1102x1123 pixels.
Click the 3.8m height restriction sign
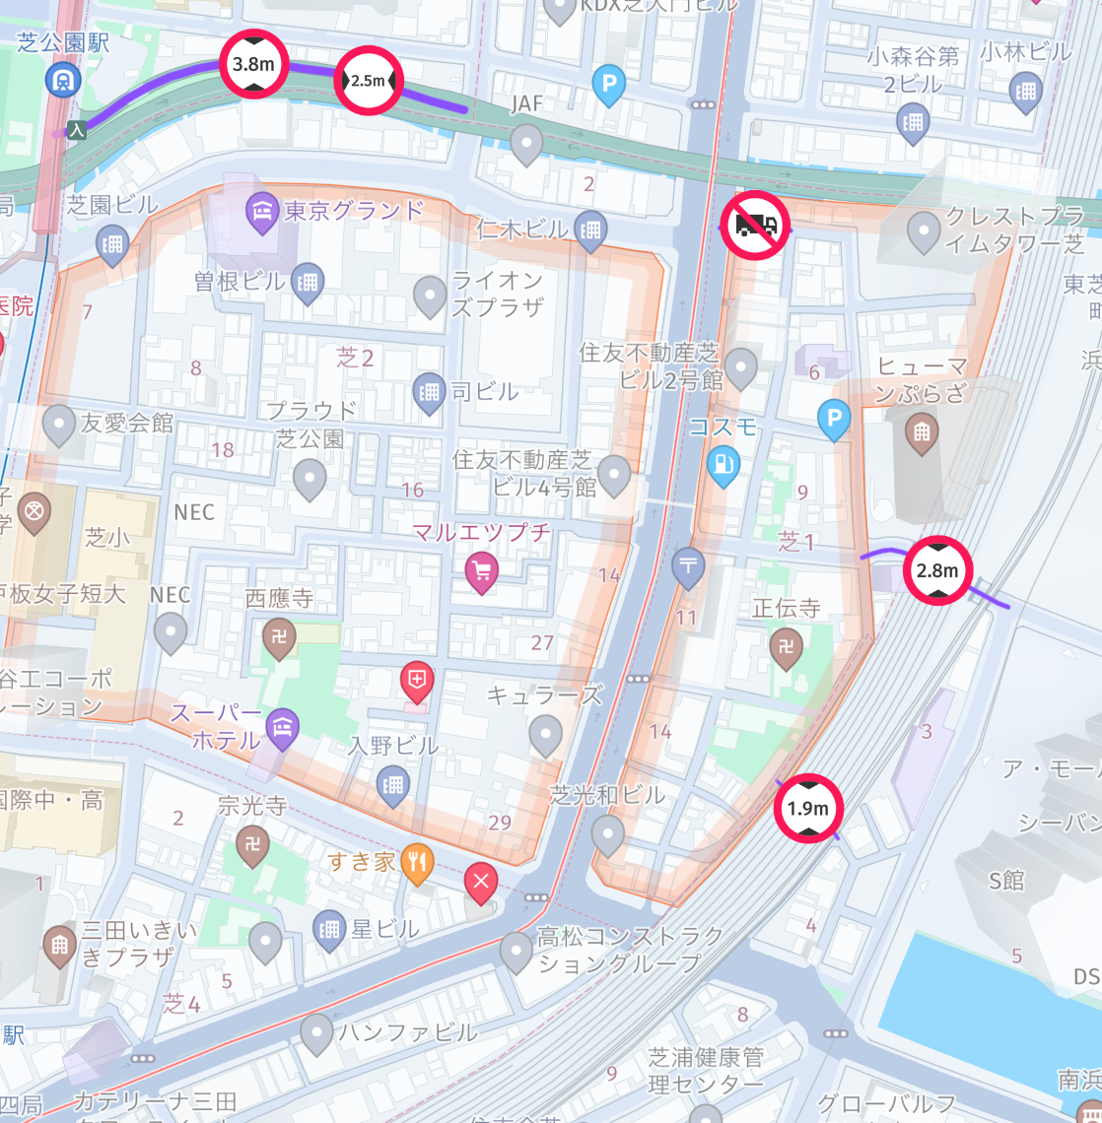pyautogui.click(x=252, y=64)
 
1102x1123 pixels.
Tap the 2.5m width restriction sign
pyautogui.click(x=368, y=80)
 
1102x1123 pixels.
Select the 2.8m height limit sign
pyautogui.click(x=937, y=570)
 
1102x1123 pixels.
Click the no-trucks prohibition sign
pyautogui.click(x=755, y=226)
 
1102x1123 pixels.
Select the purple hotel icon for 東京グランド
pyautogui.click(x=262, y=212)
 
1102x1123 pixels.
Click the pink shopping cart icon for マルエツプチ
pyautogui.click(x=481, y=569)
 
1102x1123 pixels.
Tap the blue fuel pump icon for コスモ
pyautogui.click(x=723, y=463)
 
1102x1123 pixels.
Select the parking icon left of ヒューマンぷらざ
pyautogui.click(x=834, y=421)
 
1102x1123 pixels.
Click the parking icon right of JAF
pyautogui.click(x=609, y=85)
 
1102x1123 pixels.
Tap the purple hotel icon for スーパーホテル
pyautogui.click(x=282, y=727)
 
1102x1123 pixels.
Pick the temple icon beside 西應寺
pyautogui.click(x=279, y=637)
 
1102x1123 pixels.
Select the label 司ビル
pyautogui.click(x=484, y=391)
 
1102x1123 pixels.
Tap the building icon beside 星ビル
pyautogui.click(x=328, y=928)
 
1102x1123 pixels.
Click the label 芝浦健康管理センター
pyautogui.click(x=706, y=1071)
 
